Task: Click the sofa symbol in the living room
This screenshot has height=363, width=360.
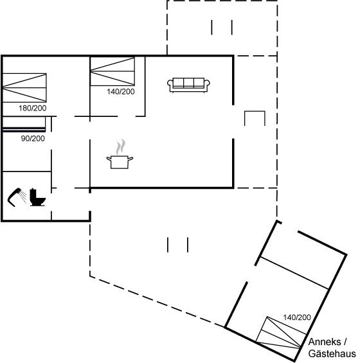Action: tap(188, 85)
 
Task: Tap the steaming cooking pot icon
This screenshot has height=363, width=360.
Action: tap(120, 154)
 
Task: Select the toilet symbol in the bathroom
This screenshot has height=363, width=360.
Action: tap(37, 197)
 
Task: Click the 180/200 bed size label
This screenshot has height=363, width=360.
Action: tap(32, 108)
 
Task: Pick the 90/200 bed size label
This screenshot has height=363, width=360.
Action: tap(33, 138)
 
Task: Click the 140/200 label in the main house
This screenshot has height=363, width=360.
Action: tap(121, 92)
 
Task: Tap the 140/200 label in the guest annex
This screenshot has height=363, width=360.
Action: tap(297, 317)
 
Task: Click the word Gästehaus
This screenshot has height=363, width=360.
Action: tap(332, 354)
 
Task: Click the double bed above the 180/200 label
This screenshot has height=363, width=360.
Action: tap(24, 88)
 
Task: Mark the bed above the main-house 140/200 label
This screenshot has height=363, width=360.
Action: tap(113, 71)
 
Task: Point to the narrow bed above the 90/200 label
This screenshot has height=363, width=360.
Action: tap(24, 124)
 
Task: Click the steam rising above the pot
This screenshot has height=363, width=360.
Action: tap(121, 146)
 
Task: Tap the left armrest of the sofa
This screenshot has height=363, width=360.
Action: tap(170, 85)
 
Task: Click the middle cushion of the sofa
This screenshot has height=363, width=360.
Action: tap(188, 83)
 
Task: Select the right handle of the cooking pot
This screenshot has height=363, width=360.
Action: tap(130, 159)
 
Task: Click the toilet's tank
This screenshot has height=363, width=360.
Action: tap(33, 194)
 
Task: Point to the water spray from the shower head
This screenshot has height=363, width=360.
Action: tap(22, 197)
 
